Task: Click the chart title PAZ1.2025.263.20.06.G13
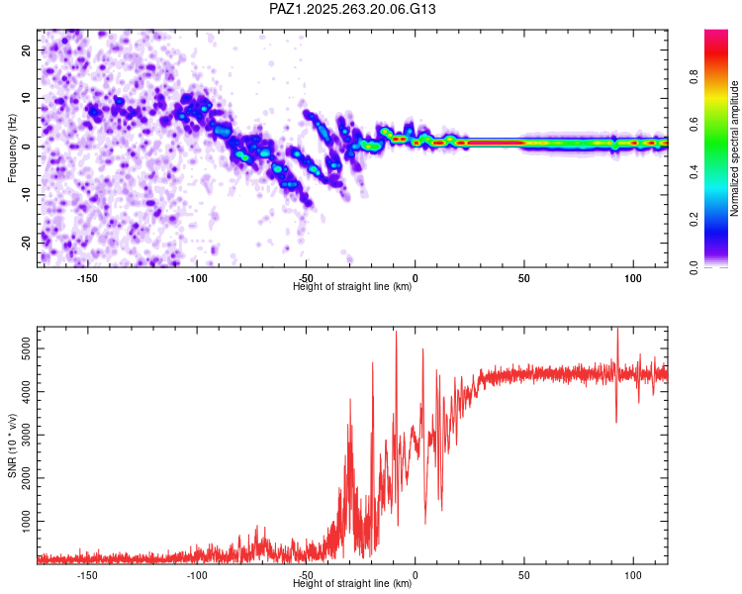coord(353,10)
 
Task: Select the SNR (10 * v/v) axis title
coord(13,445)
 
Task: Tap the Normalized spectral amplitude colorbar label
coord(734,148)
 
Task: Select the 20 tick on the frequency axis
coord(27,49)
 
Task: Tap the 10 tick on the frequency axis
coord(27,98)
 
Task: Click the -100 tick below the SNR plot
coord(196,574)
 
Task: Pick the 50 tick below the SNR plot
coord(524,574)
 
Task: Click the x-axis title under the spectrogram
coord(352,287)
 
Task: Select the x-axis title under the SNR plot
coord(352,584)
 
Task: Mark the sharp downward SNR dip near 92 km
coord(616,421)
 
